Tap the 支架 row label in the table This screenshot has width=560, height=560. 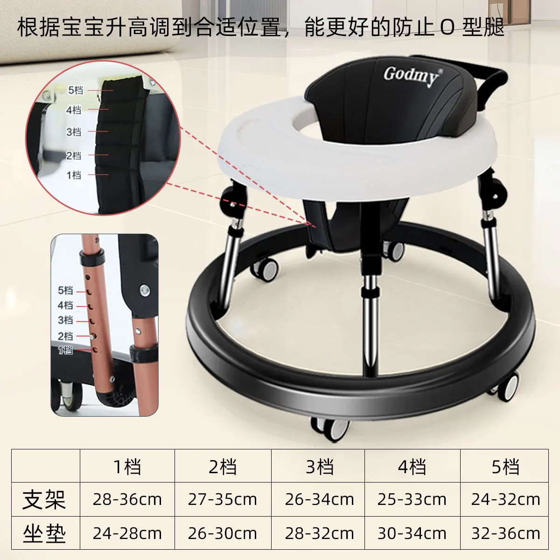click(44, 499)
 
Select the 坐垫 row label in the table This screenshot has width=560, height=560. click(44, 533)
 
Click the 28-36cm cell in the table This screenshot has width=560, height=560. click(127, 499)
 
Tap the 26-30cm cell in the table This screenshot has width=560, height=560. click(223, 533)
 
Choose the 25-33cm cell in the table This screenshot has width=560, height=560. click(412, 499)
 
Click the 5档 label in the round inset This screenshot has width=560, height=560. click(76, 91)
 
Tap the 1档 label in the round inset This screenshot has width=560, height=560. click(74, 175)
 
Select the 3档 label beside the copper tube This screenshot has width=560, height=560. click(65, 320)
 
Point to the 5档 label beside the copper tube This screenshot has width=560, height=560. click(65, 290)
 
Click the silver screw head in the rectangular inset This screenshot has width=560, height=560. click(144, 289)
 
